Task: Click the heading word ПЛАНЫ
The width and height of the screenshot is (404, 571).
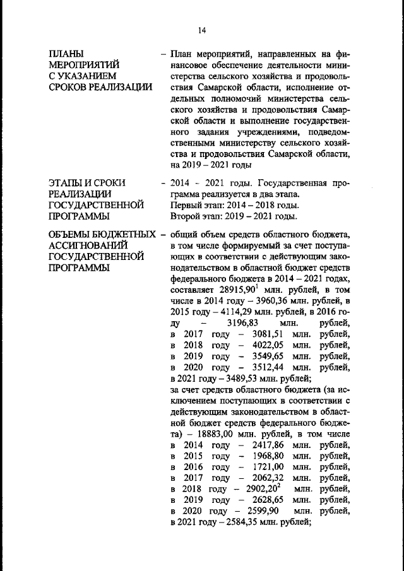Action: pyautogui.click(x=67, y=53)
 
